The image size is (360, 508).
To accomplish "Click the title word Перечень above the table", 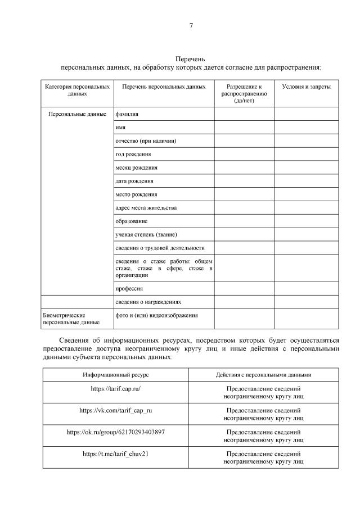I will [x=191, y=59].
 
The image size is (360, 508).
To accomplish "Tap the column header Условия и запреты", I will [x=306, y=87].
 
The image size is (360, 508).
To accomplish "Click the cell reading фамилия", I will [x=127, y=114].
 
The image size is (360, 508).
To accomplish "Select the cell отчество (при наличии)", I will [x=149, y=140].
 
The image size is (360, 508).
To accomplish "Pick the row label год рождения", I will [x=133, y=154].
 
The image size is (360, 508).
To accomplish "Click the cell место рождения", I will [x=136, y=194].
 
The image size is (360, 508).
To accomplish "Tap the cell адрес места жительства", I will [x=146, y=208].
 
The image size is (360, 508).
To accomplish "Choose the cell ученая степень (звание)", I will [x=149, y=234].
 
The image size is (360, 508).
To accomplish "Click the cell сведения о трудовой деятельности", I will [x=160, y=248].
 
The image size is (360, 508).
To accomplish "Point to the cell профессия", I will [x=129, y=288].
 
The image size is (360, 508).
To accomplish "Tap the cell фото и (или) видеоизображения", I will [x=156, y=315].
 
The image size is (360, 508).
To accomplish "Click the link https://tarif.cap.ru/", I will [x=116, y=388].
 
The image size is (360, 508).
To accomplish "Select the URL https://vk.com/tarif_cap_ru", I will [x=116, y=410].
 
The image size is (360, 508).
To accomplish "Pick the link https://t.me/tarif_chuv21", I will [x=116, y=453].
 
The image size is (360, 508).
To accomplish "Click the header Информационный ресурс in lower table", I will [x=116, y=374].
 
